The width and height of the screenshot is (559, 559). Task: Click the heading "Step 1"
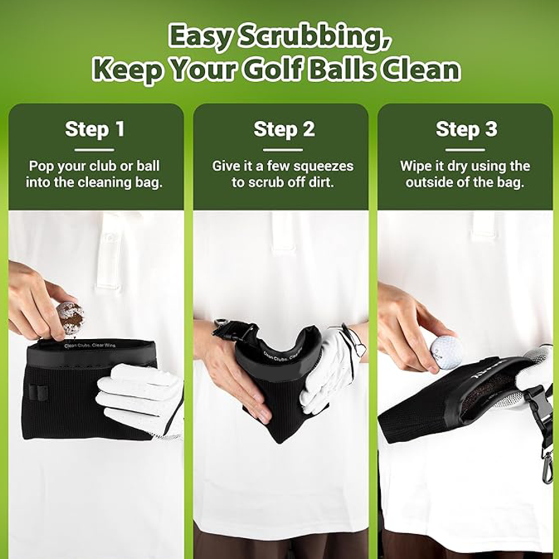click(x=94, y=129)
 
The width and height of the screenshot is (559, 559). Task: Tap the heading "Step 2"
click(x=284, y=129)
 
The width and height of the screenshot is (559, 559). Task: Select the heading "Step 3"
click(x=466, y=129)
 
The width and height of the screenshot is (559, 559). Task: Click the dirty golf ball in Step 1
click(x=70, y=317)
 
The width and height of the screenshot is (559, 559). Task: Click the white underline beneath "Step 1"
click(x=94, y=149)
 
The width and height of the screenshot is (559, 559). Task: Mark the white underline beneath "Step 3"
click(x=466, y=149)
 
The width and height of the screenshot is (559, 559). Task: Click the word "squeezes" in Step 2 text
click(x=325, y=166)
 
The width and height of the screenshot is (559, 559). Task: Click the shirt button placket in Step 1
click(x=109, y=252)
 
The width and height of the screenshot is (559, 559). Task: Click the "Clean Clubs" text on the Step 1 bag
click(x=78, y=345)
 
